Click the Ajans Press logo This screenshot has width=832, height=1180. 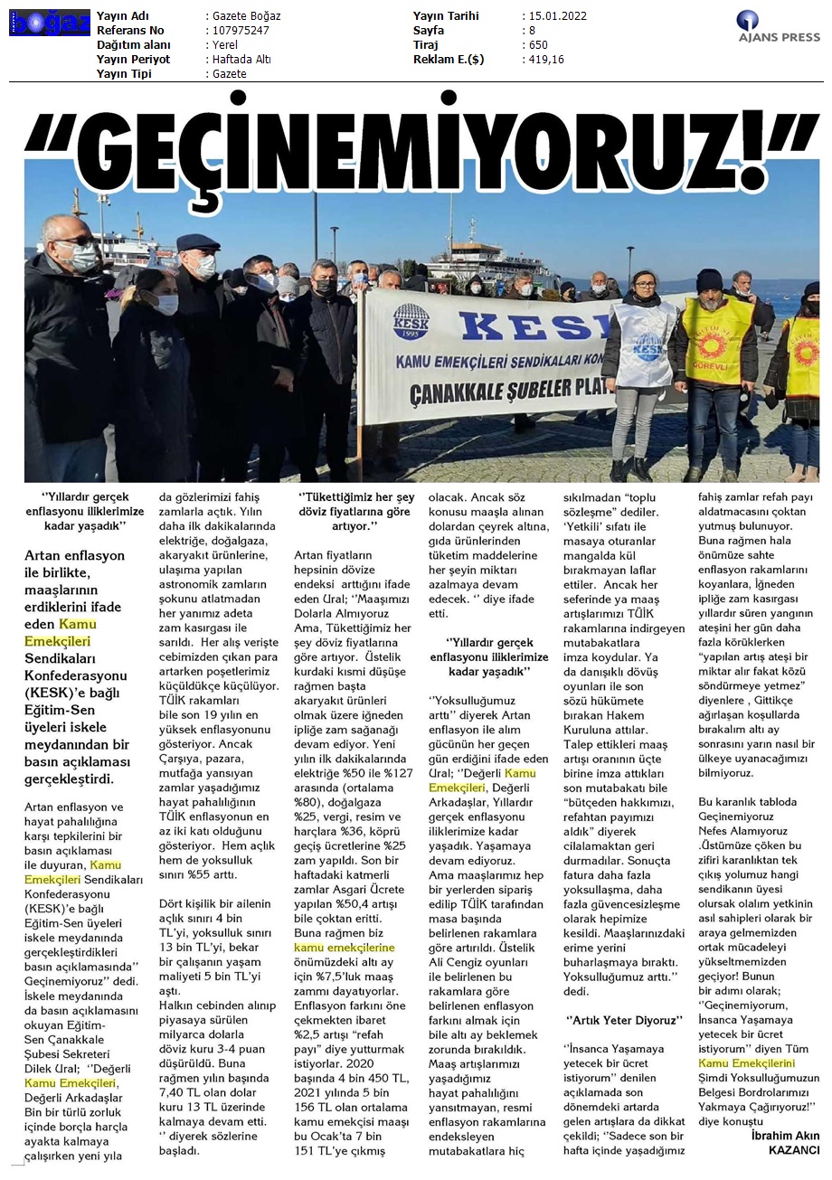[x=777, y=26]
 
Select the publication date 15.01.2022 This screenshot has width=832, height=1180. [x=553, y=16]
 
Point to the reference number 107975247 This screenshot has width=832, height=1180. [x=239, y=30]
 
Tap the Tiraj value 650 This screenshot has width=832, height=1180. [x=538, y=44]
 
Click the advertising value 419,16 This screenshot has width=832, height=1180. [x=546, y=59]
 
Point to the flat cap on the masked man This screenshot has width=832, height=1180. [x=197, y=242]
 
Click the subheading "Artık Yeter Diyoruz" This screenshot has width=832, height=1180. [x=625, y=1019]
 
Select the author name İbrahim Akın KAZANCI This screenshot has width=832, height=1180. [x=784, y=1142]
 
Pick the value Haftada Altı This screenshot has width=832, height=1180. [x=241, y=59]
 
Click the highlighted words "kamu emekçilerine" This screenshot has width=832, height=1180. [x=345, y=947]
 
